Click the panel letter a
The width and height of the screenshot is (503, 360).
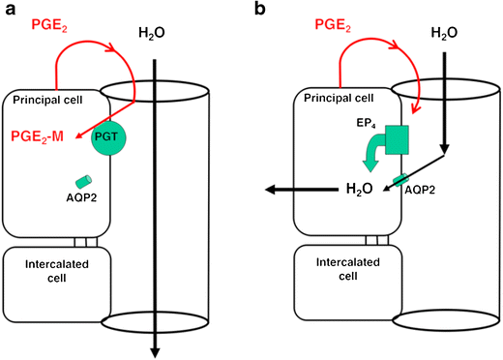click(x=8, y=10)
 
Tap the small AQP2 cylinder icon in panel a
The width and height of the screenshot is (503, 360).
click(x=85, y=181)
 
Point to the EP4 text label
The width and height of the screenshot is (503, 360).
click(x=368, y=125)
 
